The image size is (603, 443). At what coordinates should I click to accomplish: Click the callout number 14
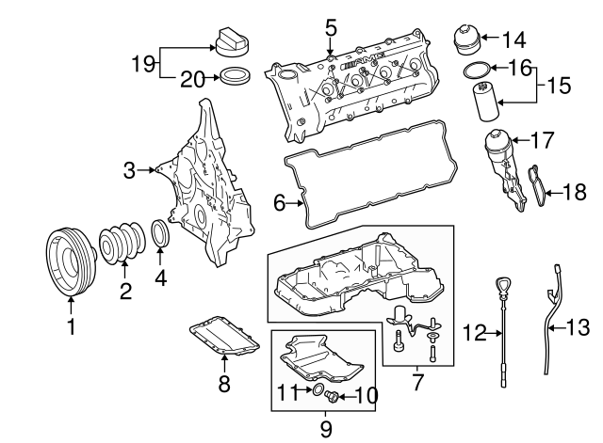pos(514,40)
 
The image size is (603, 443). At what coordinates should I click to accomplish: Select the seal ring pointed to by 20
pos(235,75)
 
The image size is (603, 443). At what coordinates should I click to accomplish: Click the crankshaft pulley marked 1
pos(70,262)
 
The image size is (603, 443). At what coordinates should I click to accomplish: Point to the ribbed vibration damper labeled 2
pos(122,242)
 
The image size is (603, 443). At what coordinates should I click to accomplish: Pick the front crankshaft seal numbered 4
pos(160,233)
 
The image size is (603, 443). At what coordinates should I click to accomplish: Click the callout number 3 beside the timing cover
pos(130,170)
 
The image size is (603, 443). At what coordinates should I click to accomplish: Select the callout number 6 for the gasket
pos(280,203)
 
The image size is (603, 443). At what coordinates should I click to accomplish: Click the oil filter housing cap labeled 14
pos(466,40)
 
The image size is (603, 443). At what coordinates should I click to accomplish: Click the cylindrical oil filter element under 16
pos(485,102)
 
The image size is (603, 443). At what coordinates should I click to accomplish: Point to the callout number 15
pos(559,86)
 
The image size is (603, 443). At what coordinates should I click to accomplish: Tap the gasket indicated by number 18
pos(536,186)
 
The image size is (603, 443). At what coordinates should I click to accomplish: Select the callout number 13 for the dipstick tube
pos(578,328)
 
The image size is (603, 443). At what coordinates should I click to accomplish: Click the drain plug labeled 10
pos(331,396)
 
